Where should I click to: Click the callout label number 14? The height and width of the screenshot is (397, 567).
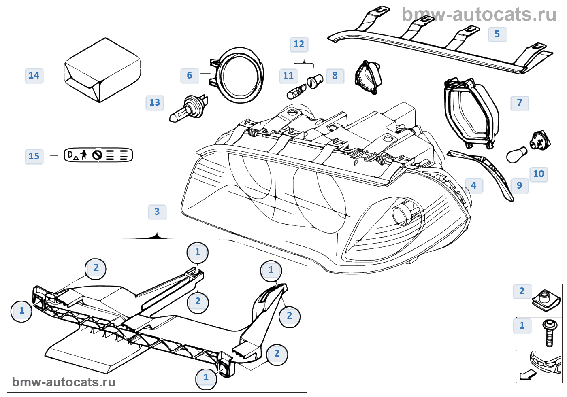34,75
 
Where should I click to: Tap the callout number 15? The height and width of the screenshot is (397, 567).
34,156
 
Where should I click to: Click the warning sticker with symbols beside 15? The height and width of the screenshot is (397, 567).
98,155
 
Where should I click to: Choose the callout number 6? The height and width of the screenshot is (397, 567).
190,75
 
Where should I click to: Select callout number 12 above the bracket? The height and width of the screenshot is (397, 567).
299,44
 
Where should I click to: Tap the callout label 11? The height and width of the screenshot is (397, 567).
288,76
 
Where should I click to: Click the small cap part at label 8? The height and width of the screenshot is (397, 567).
367,76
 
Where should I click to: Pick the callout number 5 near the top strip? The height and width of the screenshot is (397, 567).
497,34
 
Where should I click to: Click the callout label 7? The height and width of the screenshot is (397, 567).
520,103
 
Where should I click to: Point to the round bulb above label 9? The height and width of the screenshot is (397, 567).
517,155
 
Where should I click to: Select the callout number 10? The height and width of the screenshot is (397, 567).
539,174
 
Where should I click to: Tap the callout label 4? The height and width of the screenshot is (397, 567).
474,185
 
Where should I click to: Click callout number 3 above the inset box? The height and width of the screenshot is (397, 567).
157,212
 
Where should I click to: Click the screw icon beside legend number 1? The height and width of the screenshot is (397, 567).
549,333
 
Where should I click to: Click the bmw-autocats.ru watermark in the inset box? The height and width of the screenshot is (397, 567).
64,382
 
